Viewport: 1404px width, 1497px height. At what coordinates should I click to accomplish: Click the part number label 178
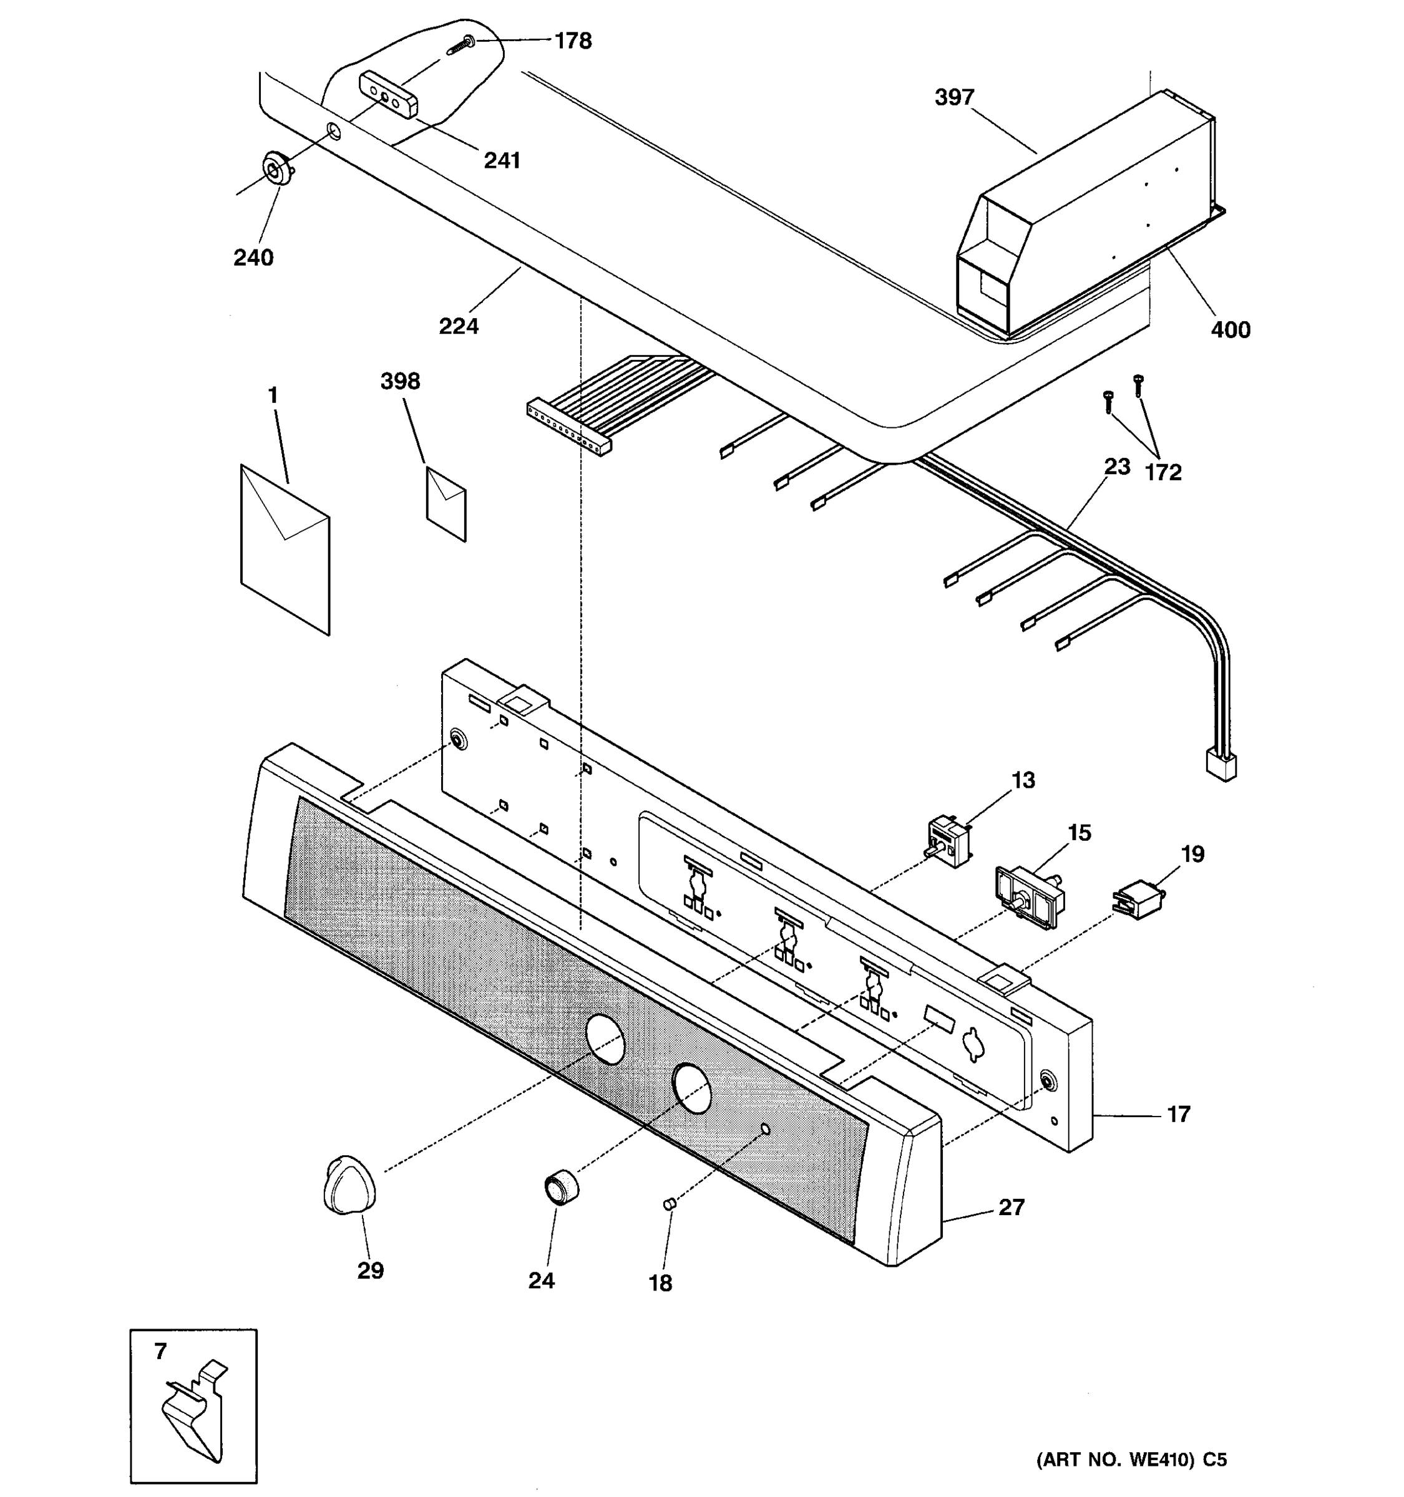point(573,41)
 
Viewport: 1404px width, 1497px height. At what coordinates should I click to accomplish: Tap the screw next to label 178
point(461,44)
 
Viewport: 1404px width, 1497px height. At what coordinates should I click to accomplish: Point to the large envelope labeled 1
point(285,550)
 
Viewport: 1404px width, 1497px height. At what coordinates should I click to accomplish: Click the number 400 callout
point(1230,330)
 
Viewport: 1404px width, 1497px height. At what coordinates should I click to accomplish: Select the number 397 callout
point(954,97)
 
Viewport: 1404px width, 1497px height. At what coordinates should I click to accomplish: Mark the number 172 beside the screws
point(1163,473)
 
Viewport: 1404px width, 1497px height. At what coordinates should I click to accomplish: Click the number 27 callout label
point(1011,1207)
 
